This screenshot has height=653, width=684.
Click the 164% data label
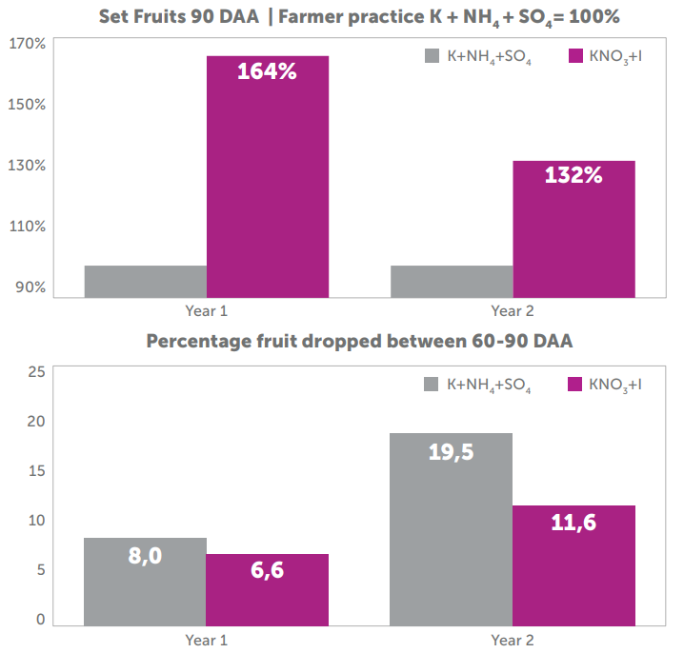268,71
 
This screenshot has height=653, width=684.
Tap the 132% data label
573,175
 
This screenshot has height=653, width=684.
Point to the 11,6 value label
573,522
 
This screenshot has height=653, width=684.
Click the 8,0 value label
146,555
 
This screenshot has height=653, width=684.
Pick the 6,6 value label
268,570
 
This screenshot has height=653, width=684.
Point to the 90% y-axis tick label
30,287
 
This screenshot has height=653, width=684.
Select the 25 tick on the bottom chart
35,371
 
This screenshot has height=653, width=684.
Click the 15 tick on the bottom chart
35,470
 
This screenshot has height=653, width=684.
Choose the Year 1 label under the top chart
206,310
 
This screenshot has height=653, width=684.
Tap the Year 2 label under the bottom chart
513,640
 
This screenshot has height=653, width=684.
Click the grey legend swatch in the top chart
432,56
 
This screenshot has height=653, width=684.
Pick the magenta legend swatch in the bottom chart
574,385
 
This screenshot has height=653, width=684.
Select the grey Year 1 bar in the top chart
146,281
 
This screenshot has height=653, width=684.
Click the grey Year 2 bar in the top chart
452,281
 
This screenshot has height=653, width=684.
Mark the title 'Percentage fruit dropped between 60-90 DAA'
359,341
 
